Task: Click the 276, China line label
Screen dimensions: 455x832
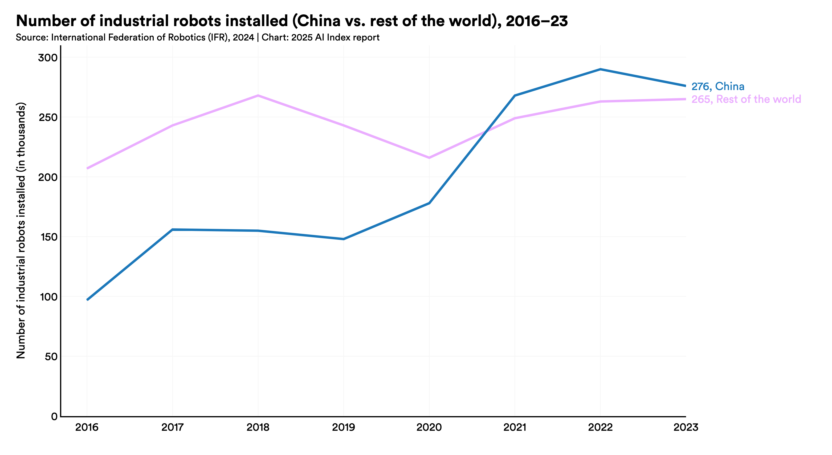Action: point(718,86)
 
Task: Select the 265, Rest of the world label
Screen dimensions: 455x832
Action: point(746,99)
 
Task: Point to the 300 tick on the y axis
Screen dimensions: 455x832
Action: point(47,58)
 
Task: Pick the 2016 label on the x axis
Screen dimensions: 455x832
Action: point(87,428)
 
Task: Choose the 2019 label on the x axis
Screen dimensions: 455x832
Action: point(343,428)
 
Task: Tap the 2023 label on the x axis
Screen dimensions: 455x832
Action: point(685,428)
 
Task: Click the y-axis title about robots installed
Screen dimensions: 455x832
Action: point(21,230)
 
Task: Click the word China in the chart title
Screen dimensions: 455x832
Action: point(319,21)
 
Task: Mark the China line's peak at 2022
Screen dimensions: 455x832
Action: point(600,69)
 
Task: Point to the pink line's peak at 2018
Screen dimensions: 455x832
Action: point(258,95)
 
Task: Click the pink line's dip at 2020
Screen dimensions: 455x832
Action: point(429,158)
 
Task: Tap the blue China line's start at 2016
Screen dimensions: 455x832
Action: point(88,300)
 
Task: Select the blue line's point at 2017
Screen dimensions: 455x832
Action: point(173,229)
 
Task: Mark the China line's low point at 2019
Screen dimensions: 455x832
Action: point(343,239)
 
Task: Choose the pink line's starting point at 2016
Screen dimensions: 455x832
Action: point(88,168)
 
